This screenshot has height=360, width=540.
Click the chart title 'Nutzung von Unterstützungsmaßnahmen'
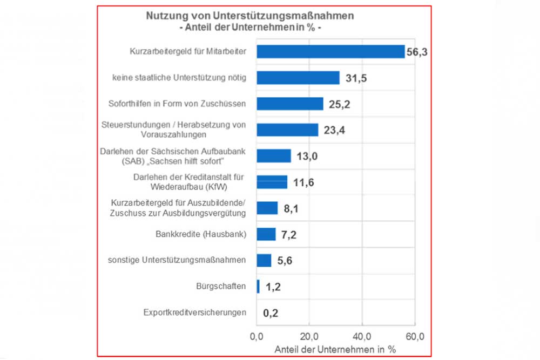250,16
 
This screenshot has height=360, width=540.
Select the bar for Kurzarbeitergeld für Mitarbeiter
330,51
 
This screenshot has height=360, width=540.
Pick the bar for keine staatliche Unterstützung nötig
298,78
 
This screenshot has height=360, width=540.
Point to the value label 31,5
356,78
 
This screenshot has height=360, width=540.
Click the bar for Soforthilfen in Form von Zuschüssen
289,104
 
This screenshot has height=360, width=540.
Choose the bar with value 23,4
287,130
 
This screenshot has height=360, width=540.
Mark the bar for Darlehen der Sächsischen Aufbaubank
274,156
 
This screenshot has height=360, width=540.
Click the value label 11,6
303,183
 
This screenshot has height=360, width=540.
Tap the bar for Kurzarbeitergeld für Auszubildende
267,208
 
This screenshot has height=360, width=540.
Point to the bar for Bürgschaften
258,286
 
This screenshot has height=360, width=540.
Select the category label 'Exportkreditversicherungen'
195,313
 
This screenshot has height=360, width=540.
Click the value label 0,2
271,313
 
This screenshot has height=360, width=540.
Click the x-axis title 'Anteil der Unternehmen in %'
335,349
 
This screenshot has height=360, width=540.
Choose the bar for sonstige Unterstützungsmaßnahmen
264,260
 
